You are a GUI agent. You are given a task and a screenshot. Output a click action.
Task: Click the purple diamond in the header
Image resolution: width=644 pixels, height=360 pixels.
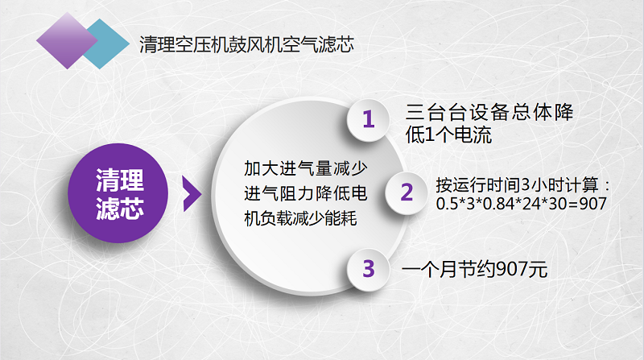(67, 40)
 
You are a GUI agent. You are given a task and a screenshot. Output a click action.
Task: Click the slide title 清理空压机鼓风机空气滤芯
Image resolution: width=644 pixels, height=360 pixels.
(246, 44)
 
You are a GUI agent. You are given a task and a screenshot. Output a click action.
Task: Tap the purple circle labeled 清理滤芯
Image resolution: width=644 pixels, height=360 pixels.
(118, 192)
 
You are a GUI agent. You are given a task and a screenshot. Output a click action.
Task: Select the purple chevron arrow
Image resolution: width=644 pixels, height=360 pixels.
(192, 194)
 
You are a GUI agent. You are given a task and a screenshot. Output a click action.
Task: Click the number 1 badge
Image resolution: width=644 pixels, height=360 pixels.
(369, 119)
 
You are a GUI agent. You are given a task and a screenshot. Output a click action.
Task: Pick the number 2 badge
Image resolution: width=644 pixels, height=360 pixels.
(407, 192)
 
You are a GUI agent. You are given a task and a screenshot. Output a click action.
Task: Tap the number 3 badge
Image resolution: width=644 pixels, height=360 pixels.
(369, 269)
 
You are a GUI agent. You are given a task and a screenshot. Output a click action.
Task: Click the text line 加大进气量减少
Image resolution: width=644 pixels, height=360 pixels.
(306, 168)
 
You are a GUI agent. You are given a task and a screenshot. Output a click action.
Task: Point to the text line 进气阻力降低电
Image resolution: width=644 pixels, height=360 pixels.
(306, 193)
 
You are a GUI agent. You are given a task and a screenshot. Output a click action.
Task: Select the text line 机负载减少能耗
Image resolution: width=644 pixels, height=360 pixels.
(300, 218)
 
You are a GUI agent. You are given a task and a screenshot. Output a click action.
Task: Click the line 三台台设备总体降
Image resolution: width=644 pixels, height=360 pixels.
(489, 112)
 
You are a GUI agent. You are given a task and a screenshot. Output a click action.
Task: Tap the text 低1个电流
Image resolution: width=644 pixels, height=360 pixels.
(448, 134)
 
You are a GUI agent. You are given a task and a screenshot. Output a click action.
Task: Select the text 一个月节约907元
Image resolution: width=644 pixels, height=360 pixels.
(474, 270)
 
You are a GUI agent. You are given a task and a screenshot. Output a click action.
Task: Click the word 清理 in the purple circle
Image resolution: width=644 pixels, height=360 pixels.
(119, 180)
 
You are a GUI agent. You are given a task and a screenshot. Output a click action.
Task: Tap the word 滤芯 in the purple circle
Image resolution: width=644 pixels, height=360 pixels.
(119, 209)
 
